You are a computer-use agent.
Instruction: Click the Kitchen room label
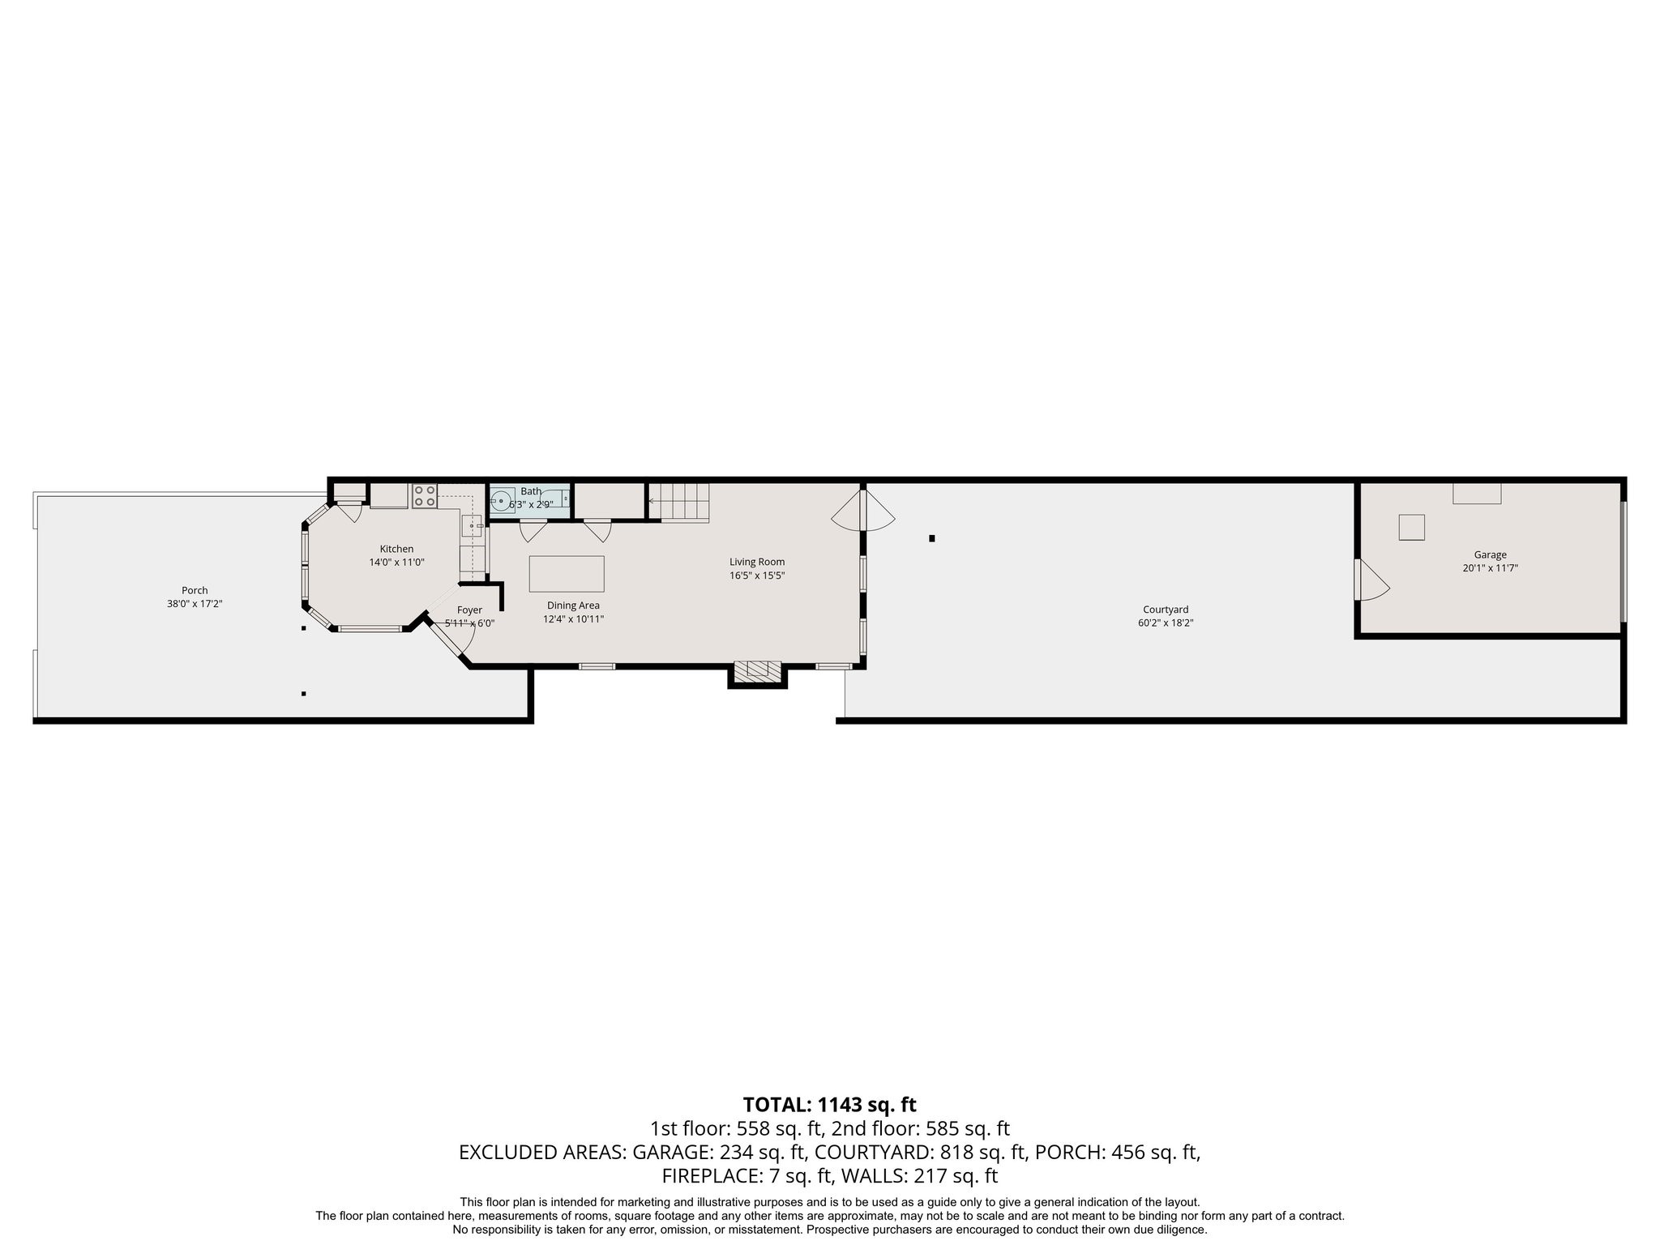(x=396, y=549)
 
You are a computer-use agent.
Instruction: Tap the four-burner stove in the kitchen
(x=424, y=496)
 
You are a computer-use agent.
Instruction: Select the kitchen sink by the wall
(x=472, y=526)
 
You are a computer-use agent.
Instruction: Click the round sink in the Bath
(x=502, y=502)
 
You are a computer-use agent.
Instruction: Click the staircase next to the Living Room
(x=679, y=502)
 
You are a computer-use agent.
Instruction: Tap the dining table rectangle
(x=567, y=574)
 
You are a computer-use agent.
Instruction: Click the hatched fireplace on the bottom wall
(x=757, y=670)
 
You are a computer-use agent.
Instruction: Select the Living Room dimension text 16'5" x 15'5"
(x=756, y=575)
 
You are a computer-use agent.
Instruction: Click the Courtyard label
(x=1165, y=610)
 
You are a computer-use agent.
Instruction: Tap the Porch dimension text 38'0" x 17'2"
(x=195, y=604)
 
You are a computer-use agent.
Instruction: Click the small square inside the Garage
(x=1411, y=528)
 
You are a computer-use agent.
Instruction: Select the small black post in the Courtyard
(x=932, y=538)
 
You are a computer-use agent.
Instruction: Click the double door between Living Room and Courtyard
(x=862, y=508)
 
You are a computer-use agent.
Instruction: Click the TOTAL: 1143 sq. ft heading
(x=829, y=1104)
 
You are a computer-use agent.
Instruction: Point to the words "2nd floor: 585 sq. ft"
(x=920, y=1128)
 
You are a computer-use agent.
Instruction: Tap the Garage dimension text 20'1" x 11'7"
(x=1490, y=568)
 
